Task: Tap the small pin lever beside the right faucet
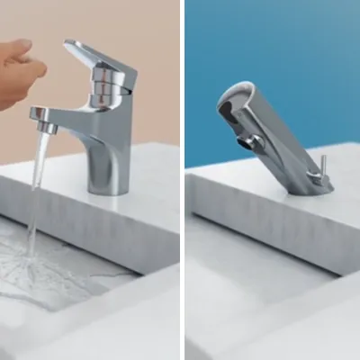click(x=319, y=170)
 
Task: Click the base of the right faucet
click(x=310, y=186)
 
